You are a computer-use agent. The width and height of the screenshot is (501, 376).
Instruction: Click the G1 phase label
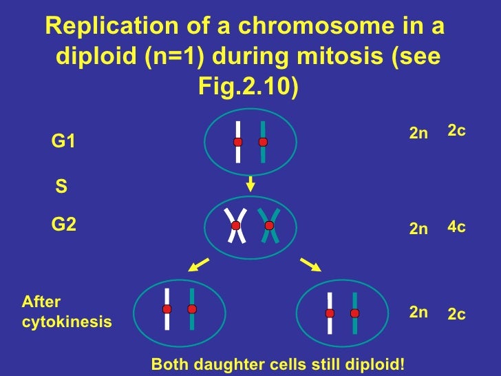tap(63, 142)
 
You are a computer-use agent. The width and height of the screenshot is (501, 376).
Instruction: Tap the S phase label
tap(61, 186)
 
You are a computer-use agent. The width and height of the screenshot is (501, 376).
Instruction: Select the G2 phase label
tap(64, 224)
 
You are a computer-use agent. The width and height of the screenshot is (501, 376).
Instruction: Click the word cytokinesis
tap(67, 322)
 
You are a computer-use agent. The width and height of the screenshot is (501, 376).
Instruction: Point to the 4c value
tap(457, 227)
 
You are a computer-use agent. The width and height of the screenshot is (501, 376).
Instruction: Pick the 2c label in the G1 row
tap(457, 130)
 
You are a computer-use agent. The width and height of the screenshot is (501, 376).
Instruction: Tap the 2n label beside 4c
tap(418, 229)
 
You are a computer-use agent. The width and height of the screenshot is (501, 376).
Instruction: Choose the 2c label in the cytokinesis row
tap(457, 315)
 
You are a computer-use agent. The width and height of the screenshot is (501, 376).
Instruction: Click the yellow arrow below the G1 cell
tap(250, 183)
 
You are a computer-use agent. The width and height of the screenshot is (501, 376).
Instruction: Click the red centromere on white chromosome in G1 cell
tap(237, 142)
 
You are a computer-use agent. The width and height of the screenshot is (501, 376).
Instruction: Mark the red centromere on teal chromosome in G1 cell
tap(262, 142)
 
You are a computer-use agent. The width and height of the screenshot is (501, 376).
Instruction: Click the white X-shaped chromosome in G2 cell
tap(236, 225)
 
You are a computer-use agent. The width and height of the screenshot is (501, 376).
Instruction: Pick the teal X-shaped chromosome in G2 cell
tap(269, 225)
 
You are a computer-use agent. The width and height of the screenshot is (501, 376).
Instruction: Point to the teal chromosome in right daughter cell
tap(354, 313)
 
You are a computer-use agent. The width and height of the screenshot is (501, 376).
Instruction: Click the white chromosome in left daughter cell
tap(167, 309)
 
